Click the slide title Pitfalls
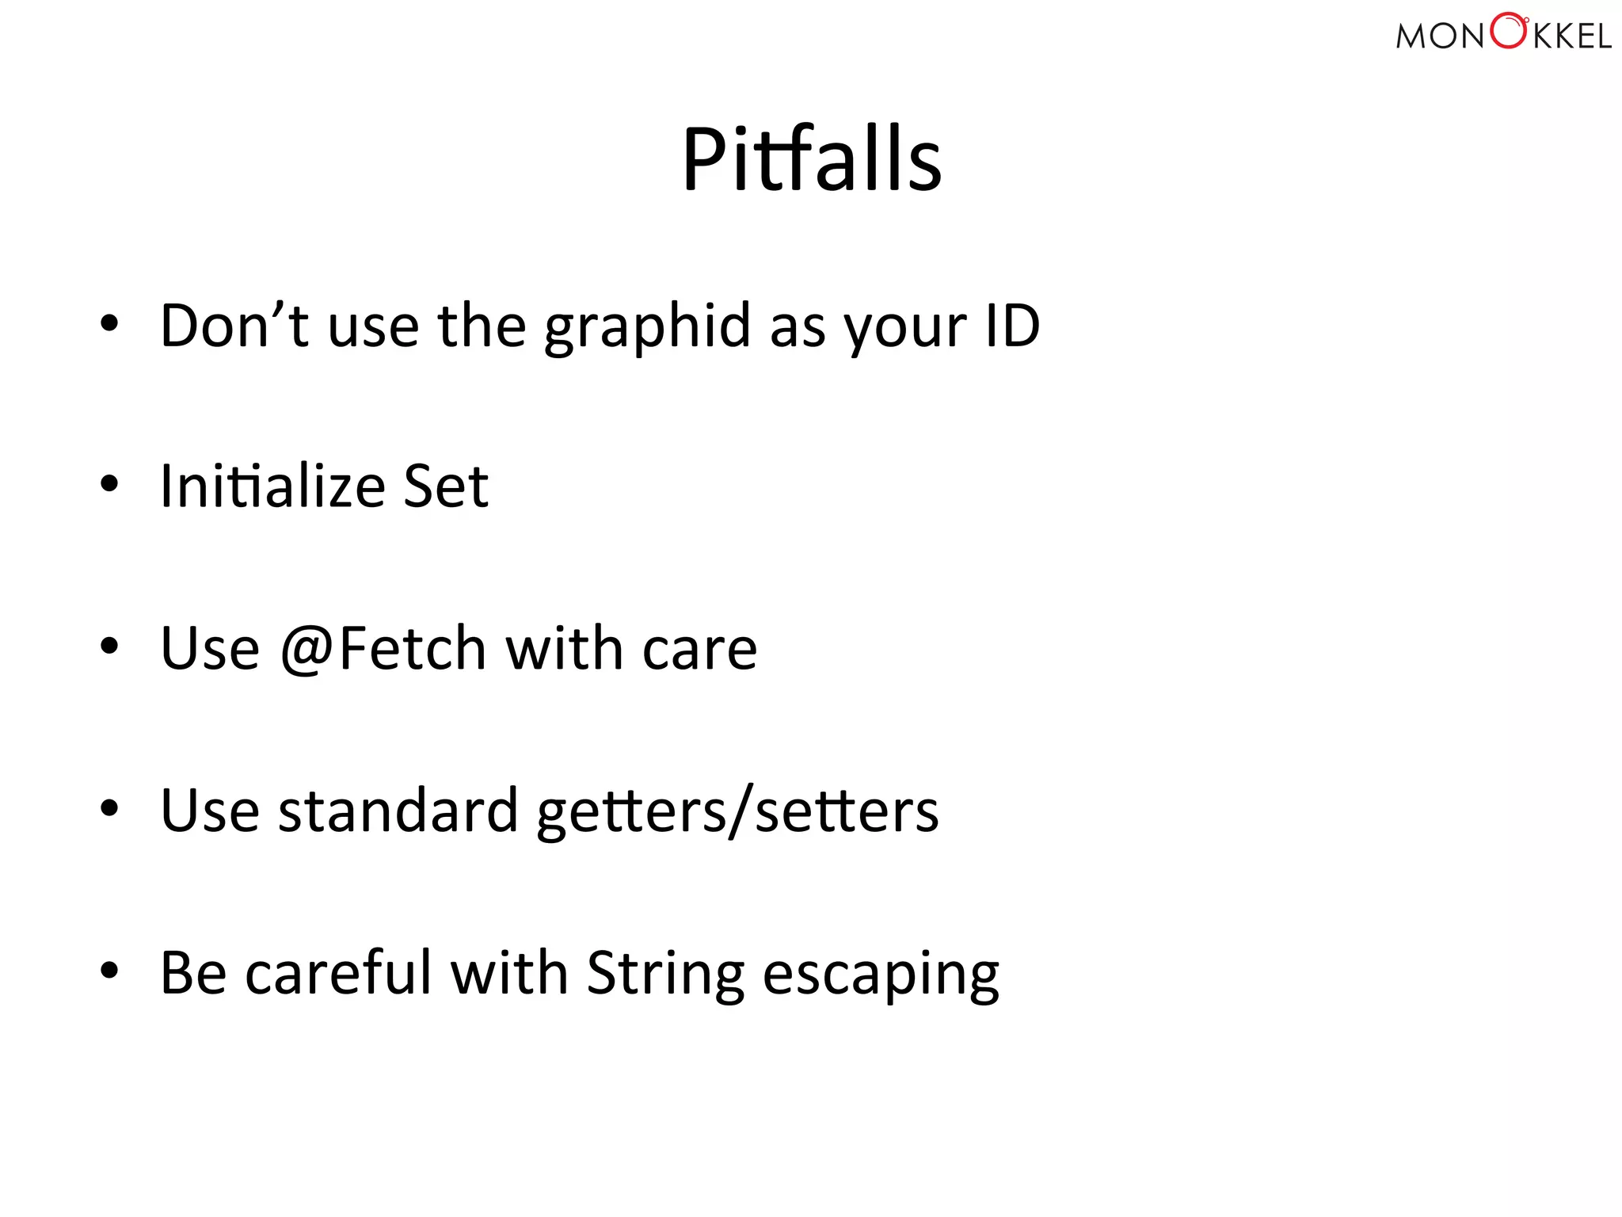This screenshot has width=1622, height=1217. (812, 160)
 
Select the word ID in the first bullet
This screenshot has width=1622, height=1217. (1012, 326)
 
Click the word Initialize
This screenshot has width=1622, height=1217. (272, 486)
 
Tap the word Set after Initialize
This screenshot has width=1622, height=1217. (446, 486)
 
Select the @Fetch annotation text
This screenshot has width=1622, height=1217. (383, 648)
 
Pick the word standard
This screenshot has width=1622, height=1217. (398, 811)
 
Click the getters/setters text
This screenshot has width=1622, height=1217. (737, 812)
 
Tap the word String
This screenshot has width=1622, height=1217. (665, 974)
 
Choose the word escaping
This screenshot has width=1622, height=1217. (881, 975)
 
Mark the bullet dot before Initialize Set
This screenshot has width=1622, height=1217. (109, 483)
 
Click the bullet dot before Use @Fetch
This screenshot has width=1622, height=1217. (109, 646)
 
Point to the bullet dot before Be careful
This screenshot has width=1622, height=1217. (109, 970)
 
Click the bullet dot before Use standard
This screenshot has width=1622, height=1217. (109, 808)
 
